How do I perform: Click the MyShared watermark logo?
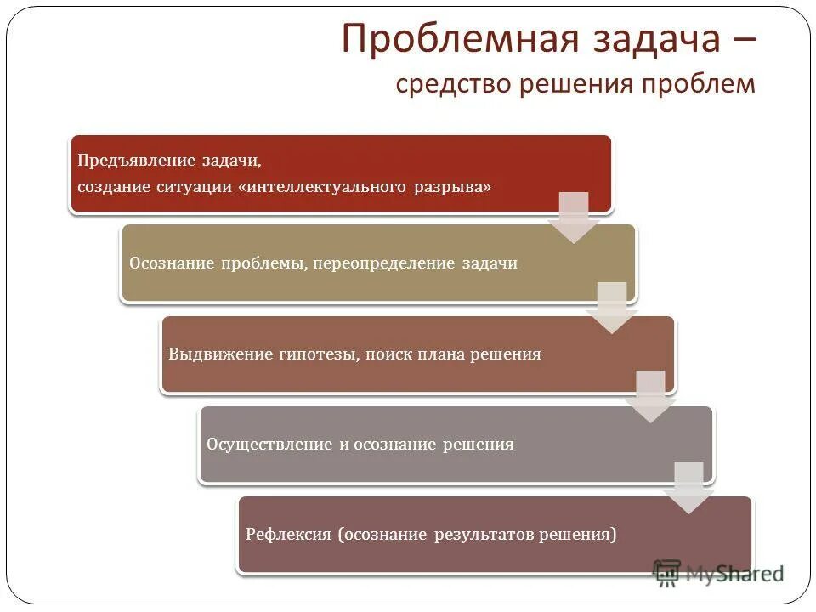point(717,573)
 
